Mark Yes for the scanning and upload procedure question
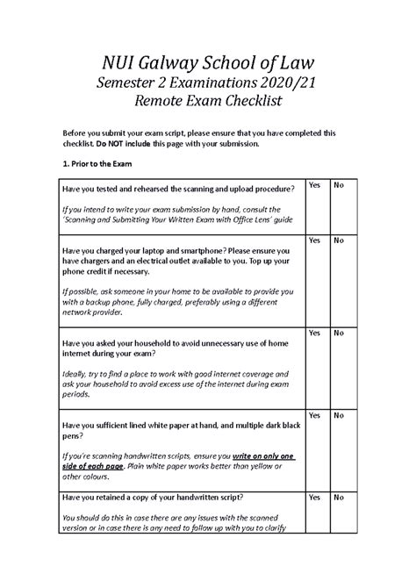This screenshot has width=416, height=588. (313, 185)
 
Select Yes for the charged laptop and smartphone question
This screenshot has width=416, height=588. (313, 240)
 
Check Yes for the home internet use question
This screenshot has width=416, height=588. (313, 333)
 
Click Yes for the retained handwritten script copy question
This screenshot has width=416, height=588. (313, 498)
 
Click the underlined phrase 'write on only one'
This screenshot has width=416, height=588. (262, 456)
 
